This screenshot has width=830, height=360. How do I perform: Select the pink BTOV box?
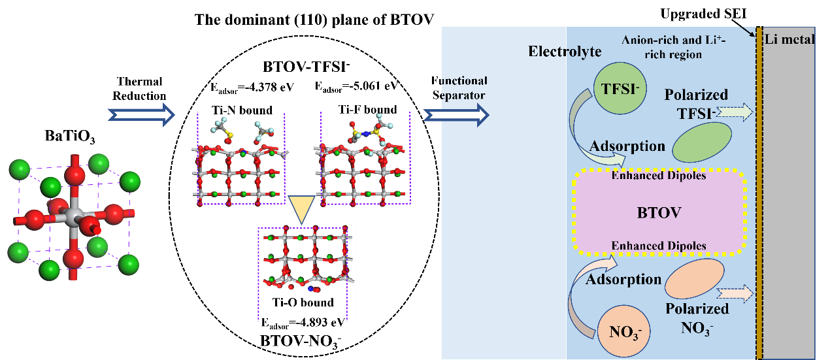pos(659,212)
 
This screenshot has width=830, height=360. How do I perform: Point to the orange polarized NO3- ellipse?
pos(695,281)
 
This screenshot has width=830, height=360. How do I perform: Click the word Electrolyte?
pos(565,52)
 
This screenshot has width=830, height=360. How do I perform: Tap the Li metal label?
pos(791,39)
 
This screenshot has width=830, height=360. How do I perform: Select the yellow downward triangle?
pos(301,210)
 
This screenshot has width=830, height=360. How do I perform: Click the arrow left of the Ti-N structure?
pos(141,115)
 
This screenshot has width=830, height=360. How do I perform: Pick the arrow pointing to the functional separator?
pos(456,115)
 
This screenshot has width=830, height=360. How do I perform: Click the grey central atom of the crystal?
pos(73,214)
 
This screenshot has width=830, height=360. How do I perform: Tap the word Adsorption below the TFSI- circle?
pos(627,146)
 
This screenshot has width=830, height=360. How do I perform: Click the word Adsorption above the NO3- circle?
pos(623,280)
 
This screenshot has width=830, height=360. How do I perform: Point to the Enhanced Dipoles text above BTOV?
pos(659,176)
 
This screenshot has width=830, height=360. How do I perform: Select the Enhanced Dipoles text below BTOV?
pos(659,246)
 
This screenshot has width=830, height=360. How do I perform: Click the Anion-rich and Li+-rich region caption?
pos(672,47)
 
